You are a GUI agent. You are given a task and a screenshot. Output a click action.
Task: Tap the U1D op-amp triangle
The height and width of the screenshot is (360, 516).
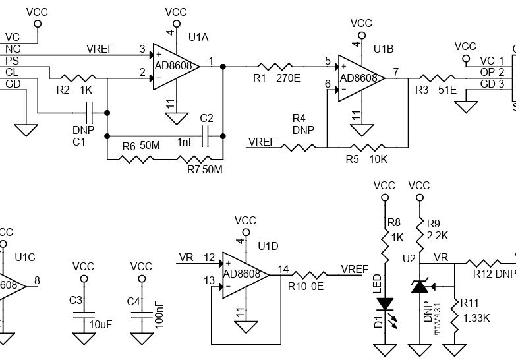[244, 275]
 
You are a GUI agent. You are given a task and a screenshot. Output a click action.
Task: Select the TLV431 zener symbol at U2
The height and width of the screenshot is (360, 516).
[418, 287]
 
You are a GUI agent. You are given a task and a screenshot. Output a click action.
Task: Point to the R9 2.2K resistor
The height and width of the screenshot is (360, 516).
[418, 232]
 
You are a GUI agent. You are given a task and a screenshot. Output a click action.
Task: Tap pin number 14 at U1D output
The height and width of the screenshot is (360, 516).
[283, 268]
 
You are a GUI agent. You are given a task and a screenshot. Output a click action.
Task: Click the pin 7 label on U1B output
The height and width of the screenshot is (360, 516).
[395, 72]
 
